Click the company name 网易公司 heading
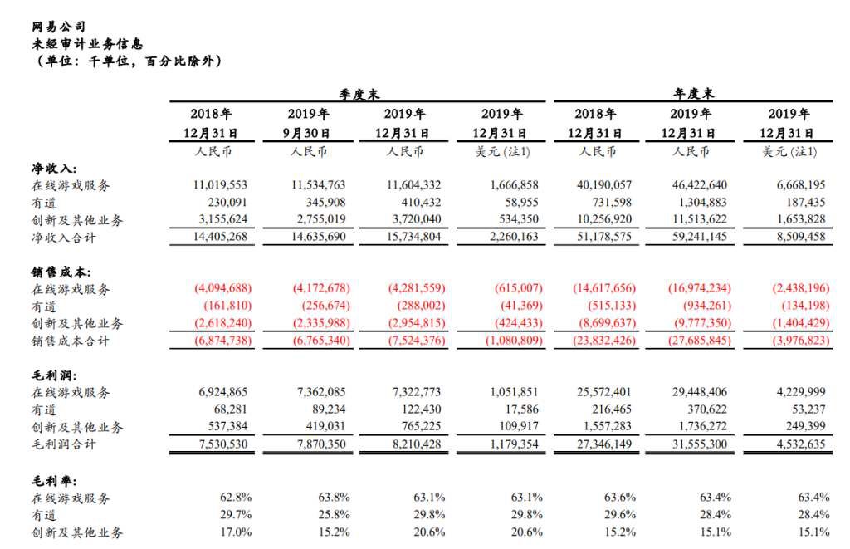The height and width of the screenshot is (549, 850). (x=59, y=26)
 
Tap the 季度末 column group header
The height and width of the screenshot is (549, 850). (x=359, y=95)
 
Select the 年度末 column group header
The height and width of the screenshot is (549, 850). (x=693, y=94)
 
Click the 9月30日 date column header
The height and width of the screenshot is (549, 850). (x=307, y=133)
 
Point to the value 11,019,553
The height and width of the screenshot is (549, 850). (x=220, y=185)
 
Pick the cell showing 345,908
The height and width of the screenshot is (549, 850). (x=325, y=203)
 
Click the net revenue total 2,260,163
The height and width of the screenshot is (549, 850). (x=514, y=237)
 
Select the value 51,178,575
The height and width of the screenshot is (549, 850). (x=604, y=237)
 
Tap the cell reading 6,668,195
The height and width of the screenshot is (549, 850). (x=801, y=185)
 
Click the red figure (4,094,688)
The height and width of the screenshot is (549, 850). (x=222, y=288)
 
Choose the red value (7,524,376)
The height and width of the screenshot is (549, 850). (x=417, y=341)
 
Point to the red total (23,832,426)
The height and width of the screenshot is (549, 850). (x=604, y=341)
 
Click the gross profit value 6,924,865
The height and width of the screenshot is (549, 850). (x=222, y=392)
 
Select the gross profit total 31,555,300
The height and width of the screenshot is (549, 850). (x=700, y=444)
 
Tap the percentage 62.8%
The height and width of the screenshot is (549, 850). (x=236, y=497)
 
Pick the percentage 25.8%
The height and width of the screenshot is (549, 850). (x=334, y=514)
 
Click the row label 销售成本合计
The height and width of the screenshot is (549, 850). (x=71, y=341)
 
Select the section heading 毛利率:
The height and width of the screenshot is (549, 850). (x=54, y=481)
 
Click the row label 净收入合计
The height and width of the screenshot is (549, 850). (x=63, y=238)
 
